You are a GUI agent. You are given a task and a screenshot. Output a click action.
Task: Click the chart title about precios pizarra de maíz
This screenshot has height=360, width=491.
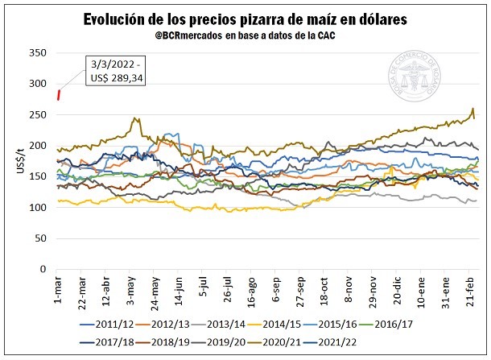point(245,19)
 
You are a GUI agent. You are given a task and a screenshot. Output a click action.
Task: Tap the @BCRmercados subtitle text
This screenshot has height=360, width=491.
point(245,36)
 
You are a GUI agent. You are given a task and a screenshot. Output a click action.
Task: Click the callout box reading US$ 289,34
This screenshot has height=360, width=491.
point(113,71)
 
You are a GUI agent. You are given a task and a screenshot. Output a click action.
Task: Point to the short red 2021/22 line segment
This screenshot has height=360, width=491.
point(59,95)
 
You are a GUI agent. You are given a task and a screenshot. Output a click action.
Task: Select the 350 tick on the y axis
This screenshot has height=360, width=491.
point(38,53)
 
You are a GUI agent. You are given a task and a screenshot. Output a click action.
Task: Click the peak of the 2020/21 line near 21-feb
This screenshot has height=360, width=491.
point(472,109)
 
